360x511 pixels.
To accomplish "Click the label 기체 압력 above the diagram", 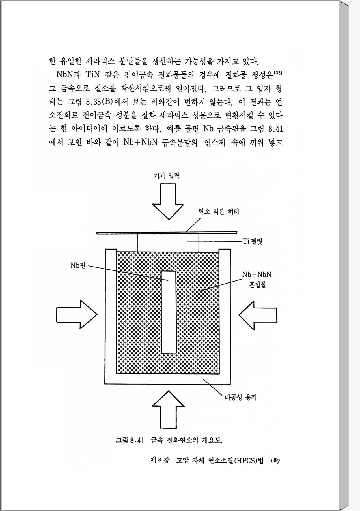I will click(167, 176).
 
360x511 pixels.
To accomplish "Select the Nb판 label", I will click(78, 265).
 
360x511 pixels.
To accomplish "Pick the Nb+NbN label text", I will click(256, 274).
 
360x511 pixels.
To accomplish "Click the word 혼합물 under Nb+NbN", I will click(257, 284).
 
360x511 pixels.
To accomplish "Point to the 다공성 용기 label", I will click(240, 398).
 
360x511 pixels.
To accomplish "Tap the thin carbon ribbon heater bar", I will click(167, 233).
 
